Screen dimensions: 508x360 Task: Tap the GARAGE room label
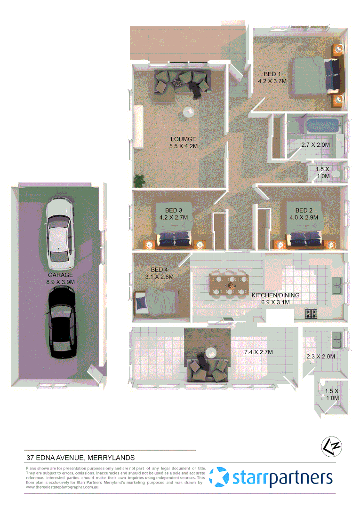pos(60,275)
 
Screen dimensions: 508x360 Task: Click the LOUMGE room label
pos(183,139)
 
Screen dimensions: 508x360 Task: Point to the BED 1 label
pos(272,74)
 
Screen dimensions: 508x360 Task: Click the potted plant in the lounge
pos(140,180)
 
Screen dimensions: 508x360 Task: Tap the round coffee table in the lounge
pos(188,112)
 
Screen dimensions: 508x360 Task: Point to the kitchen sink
pos(337,284)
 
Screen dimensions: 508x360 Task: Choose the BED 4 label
pos(157,270)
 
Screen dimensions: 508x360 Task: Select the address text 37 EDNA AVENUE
pos(80,457)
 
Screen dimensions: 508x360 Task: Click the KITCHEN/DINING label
pos(275,295)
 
